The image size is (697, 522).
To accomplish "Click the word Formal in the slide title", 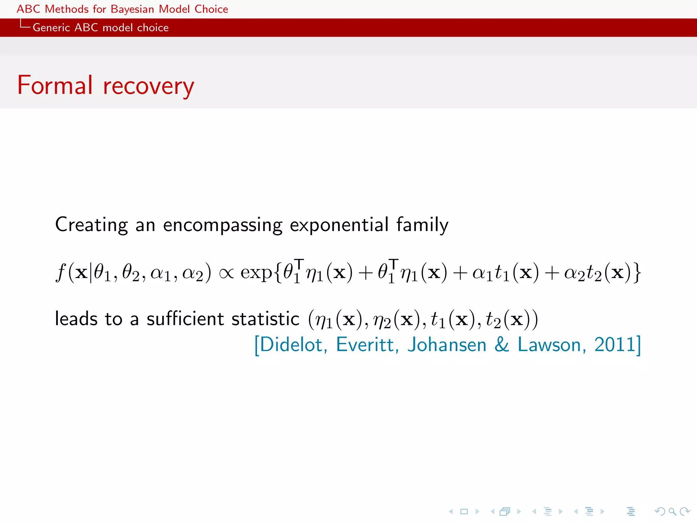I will (x=55, y=85).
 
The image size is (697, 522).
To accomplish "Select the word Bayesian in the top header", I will (x=132, y=9).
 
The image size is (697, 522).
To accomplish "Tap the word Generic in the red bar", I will (x=51, y=28).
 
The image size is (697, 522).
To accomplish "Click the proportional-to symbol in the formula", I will (x=226, y=273).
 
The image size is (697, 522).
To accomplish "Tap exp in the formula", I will (x=256, y=273).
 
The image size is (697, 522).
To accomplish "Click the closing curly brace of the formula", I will (x=637, y=273).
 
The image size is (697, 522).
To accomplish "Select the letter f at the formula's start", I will (x=61, y=273).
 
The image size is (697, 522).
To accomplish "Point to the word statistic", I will (x=265, y=319).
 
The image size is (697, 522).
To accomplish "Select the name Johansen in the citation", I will (x=447, y=345).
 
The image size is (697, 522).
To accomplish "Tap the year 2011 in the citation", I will (x=615, y=345).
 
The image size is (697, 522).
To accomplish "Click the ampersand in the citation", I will (x=502, y=345).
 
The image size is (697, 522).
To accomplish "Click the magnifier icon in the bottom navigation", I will (x=672, y=511).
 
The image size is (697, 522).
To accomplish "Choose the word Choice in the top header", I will (x=211, y=9).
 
